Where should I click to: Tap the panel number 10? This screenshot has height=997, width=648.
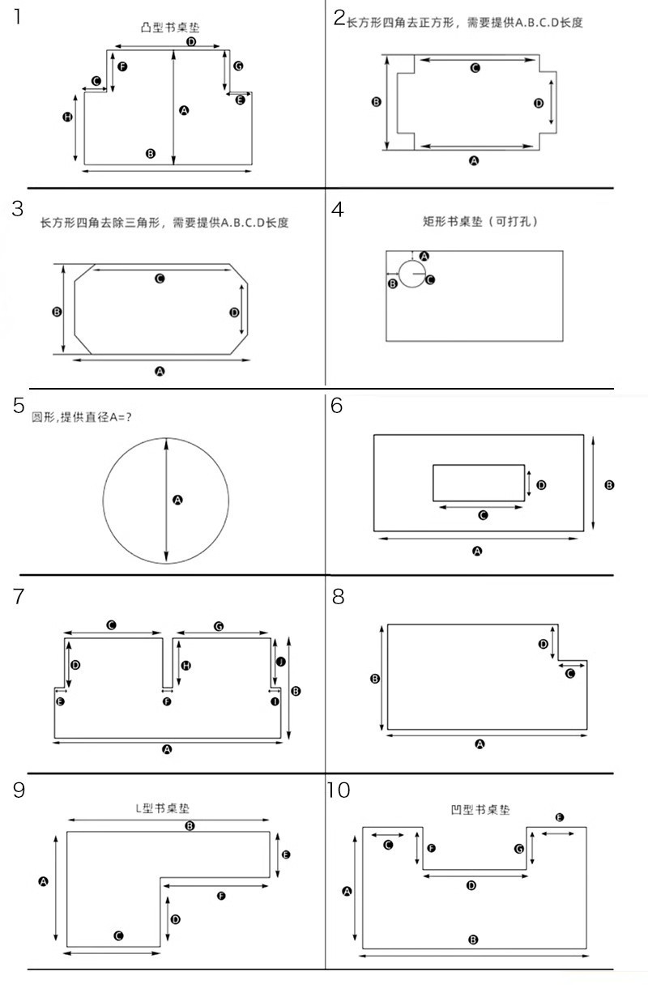click(339, 790)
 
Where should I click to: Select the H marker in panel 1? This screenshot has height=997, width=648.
click(67, 117)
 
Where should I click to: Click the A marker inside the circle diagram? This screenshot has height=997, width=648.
click(178, 501)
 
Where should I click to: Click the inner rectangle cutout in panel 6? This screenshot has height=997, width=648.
click(479, 483)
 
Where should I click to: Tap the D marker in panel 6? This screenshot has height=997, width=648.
click(541, 484)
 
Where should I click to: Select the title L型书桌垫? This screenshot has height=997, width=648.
click(163, 808)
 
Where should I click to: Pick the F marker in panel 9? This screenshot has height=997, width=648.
click(221, 895)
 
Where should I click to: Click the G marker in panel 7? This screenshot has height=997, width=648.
click(219, 626)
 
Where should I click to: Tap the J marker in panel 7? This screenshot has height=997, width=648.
click(281, 662)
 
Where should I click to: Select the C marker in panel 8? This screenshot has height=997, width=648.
click(569, 673)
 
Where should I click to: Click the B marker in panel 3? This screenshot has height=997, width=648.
click(57, 311)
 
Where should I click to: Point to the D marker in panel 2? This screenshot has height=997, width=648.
click(539, 103)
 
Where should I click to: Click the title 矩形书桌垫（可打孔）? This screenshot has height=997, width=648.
click(480, 221)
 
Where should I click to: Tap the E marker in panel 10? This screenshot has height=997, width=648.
click(559, 817)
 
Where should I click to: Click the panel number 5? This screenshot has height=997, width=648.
click(18, 405)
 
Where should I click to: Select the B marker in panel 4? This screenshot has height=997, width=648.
click(393, 283)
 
